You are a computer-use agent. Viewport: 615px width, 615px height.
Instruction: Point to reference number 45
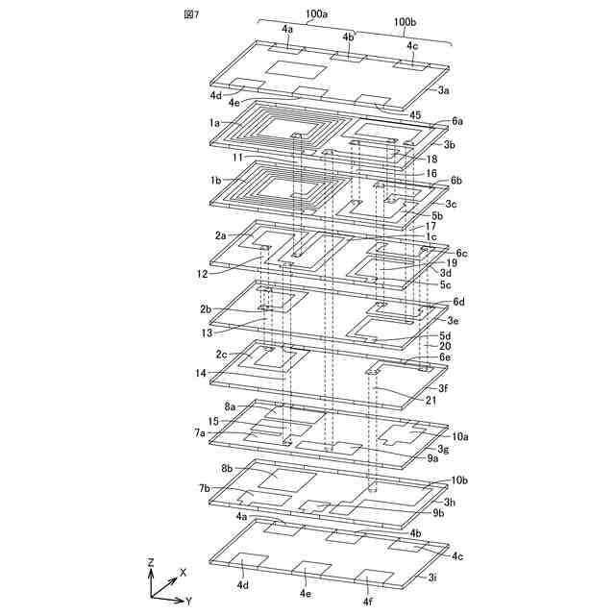tap(415, 116)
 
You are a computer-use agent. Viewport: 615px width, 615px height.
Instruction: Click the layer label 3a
tap(444, 89)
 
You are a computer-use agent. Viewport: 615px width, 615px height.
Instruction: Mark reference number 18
tap(432, 159)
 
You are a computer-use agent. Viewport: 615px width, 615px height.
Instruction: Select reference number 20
tap(444, 347)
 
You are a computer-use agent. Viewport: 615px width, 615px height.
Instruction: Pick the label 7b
tap(205, 488)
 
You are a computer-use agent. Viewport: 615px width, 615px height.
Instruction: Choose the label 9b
tap(438, 513)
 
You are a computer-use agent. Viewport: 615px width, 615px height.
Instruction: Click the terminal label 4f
tap(367, 603)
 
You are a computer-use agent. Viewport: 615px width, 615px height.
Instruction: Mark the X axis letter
tap(183, 571)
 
